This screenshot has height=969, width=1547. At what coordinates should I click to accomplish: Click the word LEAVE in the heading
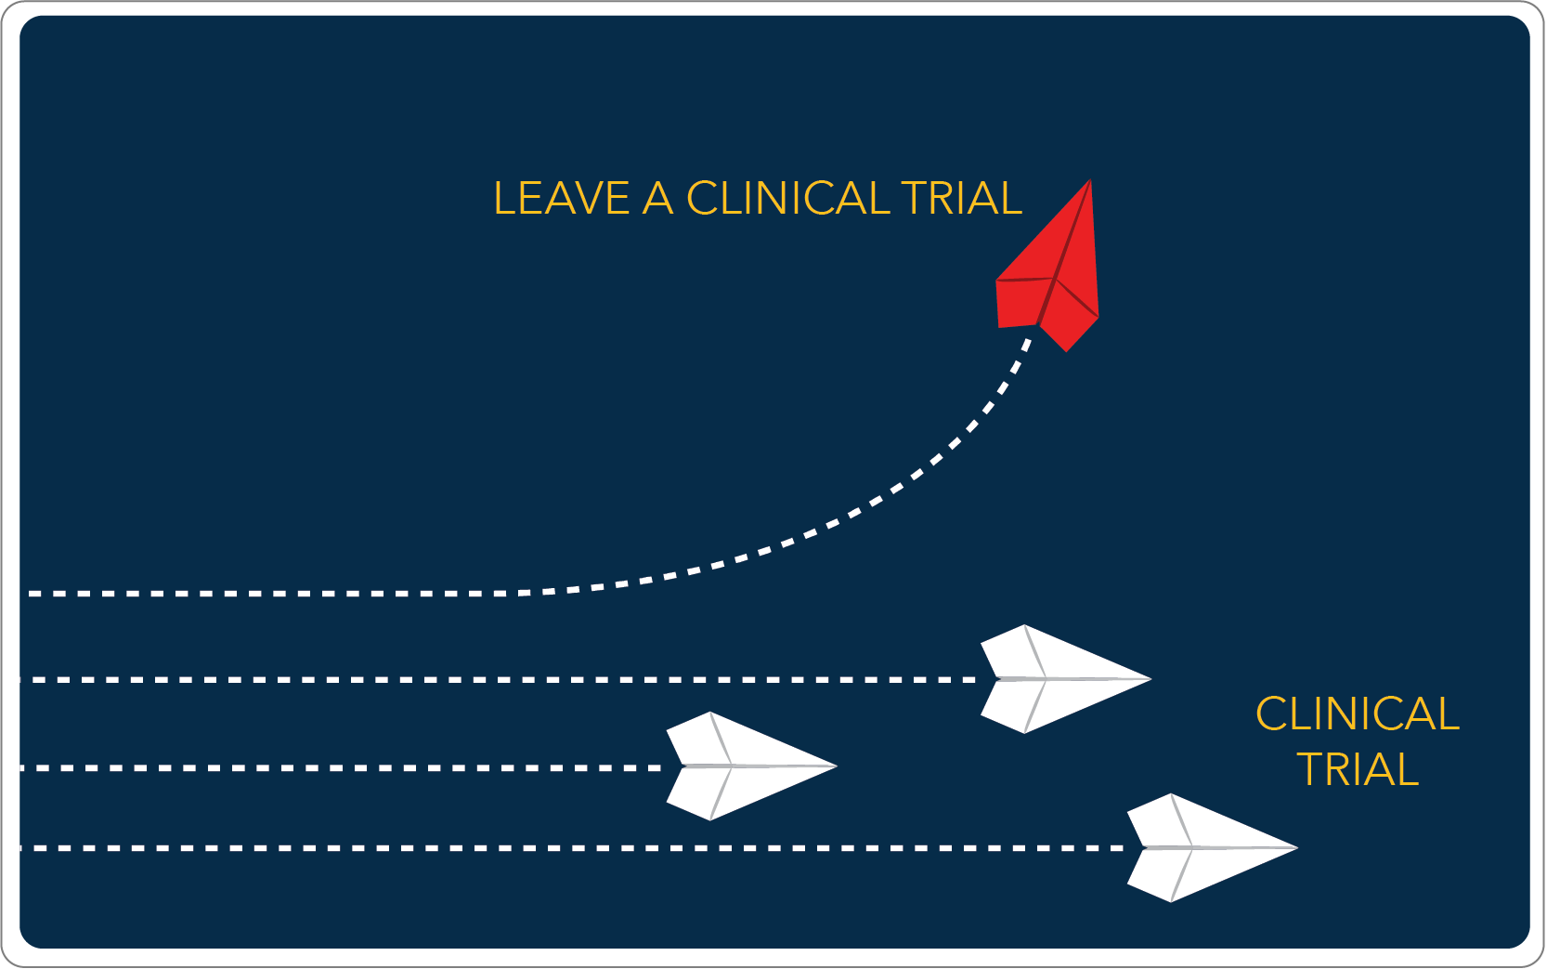click(x=562, y=199)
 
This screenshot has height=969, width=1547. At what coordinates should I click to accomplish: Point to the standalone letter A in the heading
click(x=657, y=199)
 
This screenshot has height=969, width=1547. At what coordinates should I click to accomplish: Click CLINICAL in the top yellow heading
click(x=787, y=199)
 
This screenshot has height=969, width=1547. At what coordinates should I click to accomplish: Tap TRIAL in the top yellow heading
click(x=962, y=199)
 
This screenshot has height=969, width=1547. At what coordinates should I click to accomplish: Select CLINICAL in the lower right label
click(x=1358, y=714)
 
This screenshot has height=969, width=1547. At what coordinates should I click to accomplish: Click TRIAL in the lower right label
click(x=1358, y=769)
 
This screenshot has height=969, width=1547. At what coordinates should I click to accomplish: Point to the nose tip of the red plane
click(x=1090, y=179)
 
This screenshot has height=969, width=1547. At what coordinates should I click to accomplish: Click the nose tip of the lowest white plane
click(x=1298, y=847)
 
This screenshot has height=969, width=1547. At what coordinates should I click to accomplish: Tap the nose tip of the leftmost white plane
click(x=838, y=766)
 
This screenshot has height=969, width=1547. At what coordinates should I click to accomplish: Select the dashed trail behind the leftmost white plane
click(x=342, y=768)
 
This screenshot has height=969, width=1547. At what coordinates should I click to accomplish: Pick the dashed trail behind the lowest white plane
click(x=573, y=848)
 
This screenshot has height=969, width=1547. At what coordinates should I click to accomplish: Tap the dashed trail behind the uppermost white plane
click(x=499, y=680)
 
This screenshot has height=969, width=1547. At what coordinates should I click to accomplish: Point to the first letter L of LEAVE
click(x=505, y=199)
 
